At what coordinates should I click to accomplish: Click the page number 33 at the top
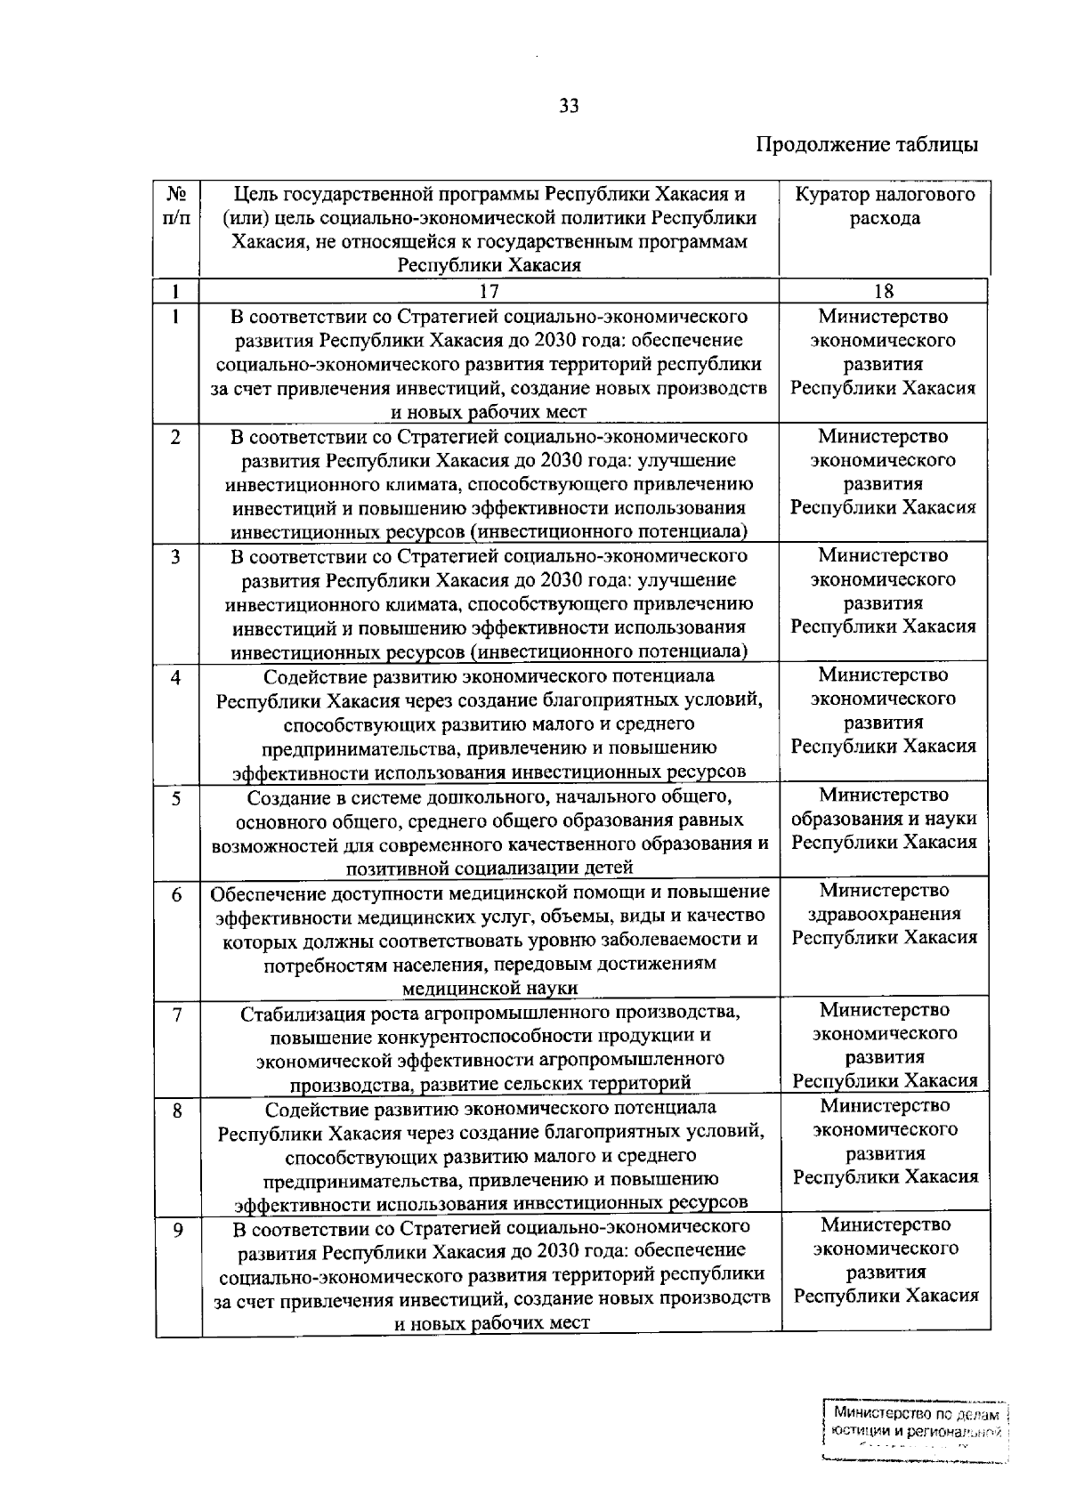pos(569,107)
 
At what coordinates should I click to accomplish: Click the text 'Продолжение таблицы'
pos(867,144)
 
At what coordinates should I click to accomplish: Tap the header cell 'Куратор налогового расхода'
pos(884,206)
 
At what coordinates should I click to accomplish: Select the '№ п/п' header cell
pos(176,206)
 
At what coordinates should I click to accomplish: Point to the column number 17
pos(489,292)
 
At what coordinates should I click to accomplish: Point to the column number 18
pos(884,292)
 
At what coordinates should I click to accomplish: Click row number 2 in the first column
pos(176,438)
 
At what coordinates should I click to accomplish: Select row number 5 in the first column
pos(176,798)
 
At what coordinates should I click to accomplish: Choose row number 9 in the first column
pos(177,1230)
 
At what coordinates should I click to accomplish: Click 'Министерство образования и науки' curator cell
pos(885,819)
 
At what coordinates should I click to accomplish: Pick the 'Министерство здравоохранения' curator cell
pos(885,914)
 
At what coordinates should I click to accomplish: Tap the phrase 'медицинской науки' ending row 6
pos(489,988)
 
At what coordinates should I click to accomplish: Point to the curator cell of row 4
pos(884,711)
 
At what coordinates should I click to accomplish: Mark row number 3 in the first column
pos(176,557)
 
